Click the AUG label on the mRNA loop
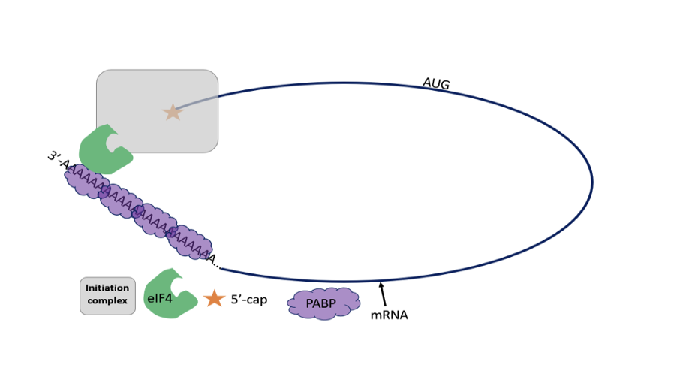coord(435,83)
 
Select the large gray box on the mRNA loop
coord(157,98)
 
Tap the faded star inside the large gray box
coord(173,113)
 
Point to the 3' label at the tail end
coord(55,158)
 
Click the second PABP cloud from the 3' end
coord(121,201)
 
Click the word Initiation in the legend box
coord(107,288)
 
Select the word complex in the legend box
coord(107,301)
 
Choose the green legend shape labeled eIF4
coord(169,294)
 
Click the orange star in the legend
coord(214,299)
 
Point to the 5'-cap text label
coord(248,300)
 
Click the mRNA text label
coord(389,315)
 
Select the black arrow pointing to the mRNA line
coord(383,295)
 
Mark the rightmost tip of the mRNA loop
coord(591,182)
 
